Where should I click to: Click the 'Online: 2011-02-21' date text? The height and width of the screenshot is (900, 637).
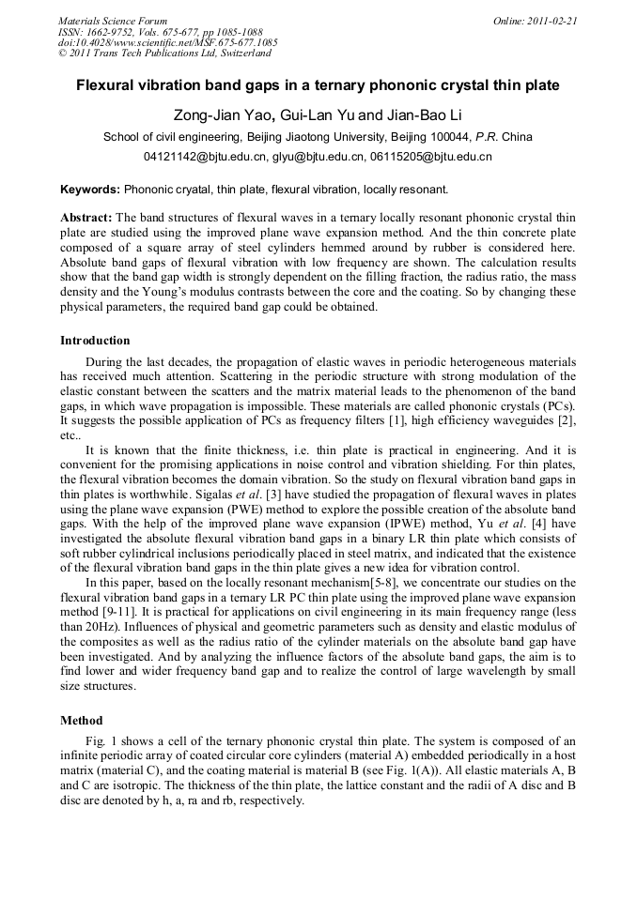pyautogui.click(x=539, y=21)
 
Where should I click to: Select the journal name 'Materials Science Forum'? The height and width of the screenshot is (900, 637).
pyautogui.click(x=112, y=21)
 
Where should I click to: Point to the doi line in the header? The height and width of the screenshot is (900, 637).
pyautogui.click(x=167, y=42)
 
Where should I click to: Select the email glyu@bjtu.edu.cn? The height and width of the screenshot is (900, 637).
pyautogui.click(x=318, y=157)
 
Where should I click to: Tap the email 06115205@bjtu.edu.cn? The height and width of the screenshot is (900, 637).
pyautogui.click(x=430, y=157)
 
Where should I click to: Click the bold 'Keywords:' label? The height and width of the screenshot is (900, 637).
pyautogui.click(x=90, y=189)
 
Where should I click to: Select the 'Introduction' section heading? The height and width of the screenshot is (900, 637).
pyautogui.click(x=95, y=341)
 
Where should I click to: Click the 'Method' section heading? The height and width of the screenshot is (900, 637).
pyautogui.click(x=81, y=722)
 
